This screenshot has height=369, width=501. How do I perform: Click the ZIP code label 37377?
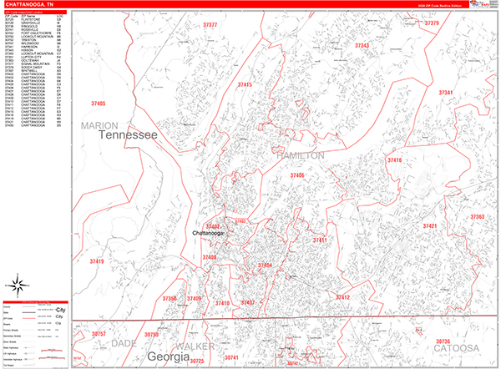click(x=210, y=26)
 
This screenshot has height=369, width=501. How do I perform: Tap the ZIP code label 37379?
click(x=432, y=23)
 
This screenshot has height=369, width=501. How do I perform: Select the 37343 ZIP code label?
click(x=362, y=45)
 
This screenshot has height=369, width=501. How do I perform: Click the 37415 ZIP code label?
click(x=245, y=85)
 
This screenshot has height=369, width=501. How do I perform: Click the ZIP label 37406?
click(x=297, y=175)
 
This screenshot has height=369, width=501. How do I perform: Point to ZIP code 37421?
click(x=430, y=226)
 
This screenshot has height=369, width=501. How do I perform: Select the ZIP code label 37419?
click(x=97, y=261)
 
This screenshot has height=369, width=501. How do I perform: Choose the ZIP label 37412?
click(x=342, y=296)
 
